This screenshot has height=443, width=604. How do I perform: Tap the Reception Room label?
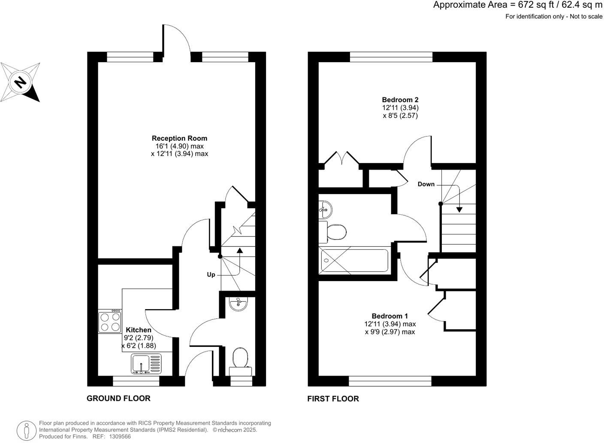pyautogui.click(x=179, y=138)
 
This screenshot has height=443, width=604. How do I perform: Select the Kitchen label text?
pyautogui.click(x=138, y=330)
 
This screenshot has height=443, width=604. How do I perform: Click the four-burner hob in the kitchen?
pyautogui.click(x=110, y=322)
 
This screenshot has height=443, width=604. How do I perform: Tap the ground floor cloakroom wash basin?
pyautogui.click(x=238, y=303)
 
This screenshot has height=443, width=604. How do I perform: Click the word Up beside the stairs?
pyautogui.click(x=211, y=275)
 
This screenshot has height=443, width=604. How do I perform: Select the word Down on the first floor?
pyautogui.click(x=426, y=184)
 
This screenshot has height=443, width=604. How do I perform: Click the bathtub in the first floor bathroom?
pyautogui.click(x=354, y=261)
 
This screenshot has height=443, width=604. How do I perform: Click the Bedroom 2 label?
pyautogui.click(x=400, y=100)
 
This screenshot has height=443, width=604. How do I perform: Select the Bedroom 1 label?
pyautogui.click(x=390, y=316)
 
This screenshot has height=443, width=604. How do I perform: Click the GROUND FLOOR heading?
pyautogui.click(x=118, y=398)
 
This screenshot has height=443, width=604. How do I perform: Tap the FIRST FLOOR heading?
pyautogui.click(x=333, y=399)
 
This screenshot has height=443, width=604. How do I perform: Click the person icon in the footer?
pyautogui.click(x=27, y=430)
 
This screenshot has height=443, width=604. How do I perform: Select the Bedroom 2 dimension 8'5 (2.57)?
pyautogui.click(x=400, y=115)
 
